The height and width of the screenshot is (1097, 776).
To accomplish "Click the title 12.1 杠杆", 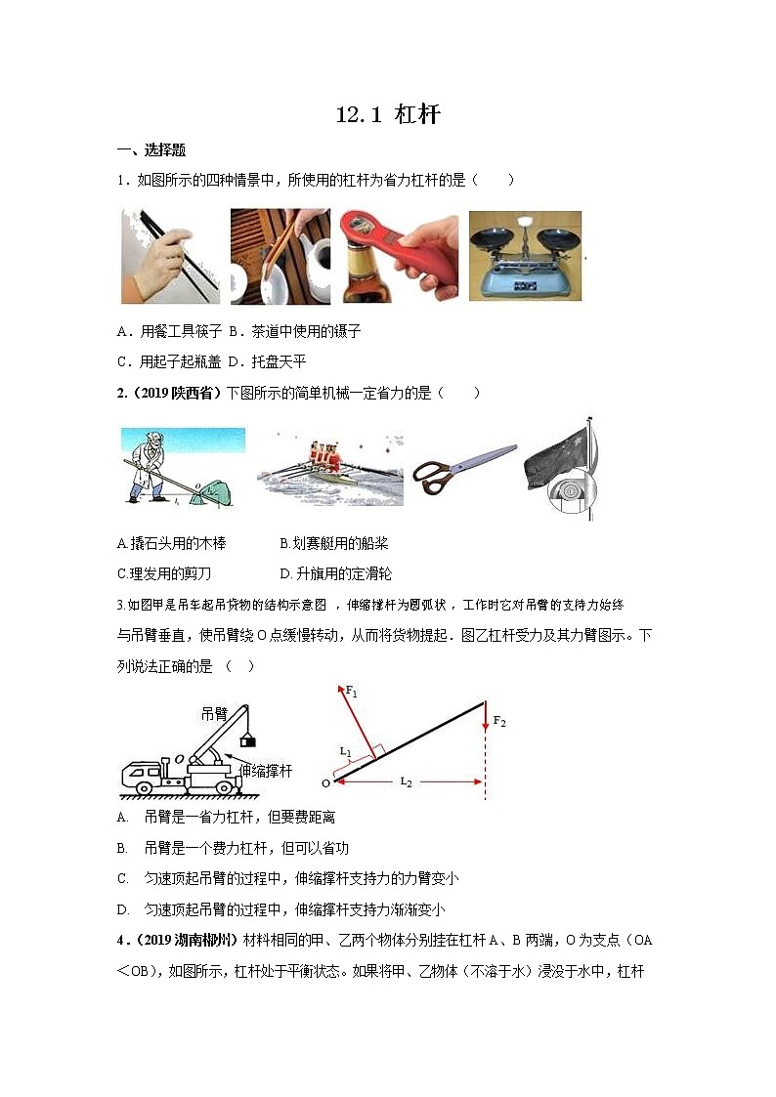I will (x=388, y=115).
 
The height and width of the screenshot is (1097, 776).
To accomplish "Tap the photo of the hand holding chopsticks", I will (x=169, y=256).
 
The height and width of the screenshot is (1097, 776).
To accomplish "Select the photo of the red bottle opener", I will (x=399, y=256).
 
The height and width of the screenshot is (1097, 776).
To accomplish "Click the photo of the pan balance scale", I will (x=525, y=255).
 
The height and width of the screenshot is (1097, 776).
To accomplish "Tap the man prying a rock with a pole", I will (x=182, y=468).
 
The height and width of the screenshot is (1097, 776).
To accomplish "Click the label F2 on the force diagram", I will (x=499, y=721).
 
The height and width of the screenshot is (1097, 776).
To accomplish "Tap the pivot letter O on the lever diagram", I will (x=325, y=783).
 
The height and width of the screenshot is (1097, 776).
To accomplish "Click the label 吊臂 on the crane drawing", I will (x=215, y=714).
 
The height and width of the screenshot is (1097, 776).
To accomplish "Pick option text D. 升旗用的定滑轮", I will (x=335, y=573).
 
